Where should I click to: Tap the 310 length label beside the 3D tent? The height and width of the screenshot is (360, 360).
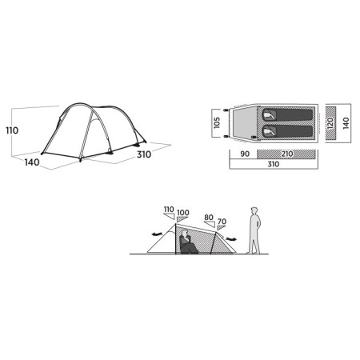point(143,155)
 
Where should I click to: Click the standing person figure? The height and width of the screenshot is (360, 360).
point(255,228)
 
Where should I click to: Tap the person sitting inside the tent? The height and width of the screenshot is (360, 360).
point(187,241)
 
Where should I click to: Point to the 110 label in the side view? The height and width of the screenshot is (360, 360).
point(168,210)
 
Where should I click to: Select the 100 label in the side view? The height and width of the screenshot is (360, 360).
point(183,212)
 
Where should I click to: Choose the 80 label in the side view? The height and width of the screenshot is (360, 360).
point(209,217)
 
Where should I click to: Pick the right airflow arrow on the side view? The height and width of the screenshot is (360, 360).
point(233,238)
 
